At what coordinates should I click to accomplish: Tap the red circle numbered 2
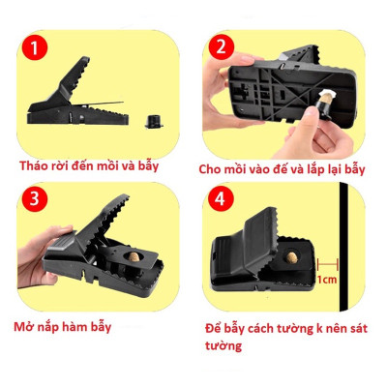[x=221, y=45]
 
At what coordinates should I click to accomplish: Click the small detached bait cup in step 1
[x=151, y=121]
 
